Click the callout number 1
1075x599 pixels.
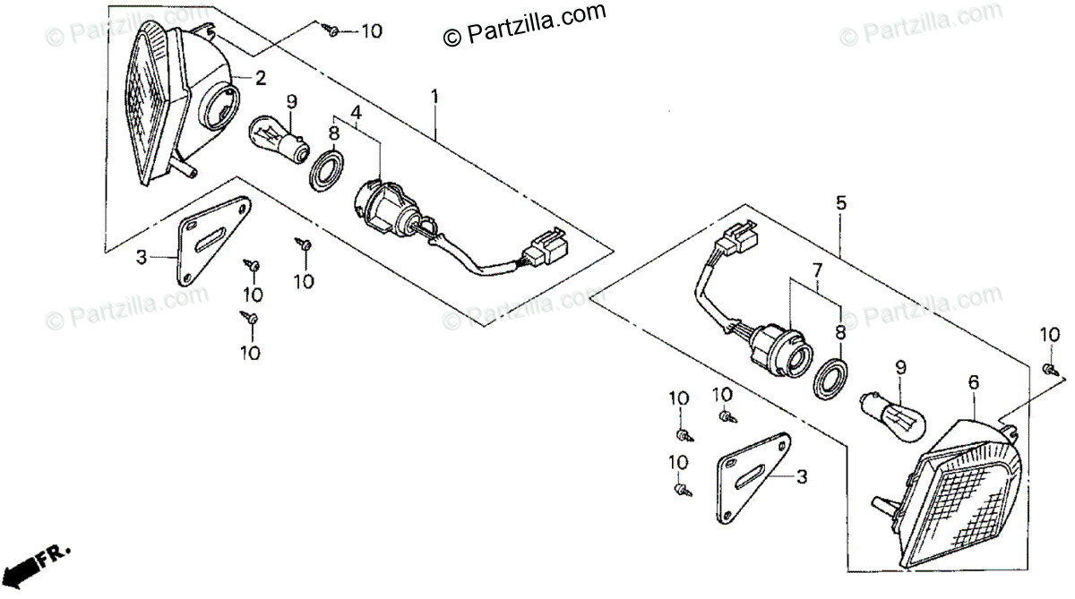pyautogui.click(x=435, y=96)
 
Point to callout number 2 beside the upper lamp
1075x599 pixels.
pyautogui.click(x=260, y=78)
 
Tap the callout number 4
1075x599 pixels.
pyautogui.click(x=356, y=113)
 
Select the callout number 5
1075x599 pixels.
pyautogui.click(x=841, y=203)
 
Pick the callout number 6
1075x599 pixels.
pyautogui.click(x=974, y=382)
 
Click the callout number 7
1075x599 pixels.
pyautogui.click(x=816, y=269)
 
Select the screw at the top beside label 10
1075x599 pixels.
pyautogui.click(x=332, y=31)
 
